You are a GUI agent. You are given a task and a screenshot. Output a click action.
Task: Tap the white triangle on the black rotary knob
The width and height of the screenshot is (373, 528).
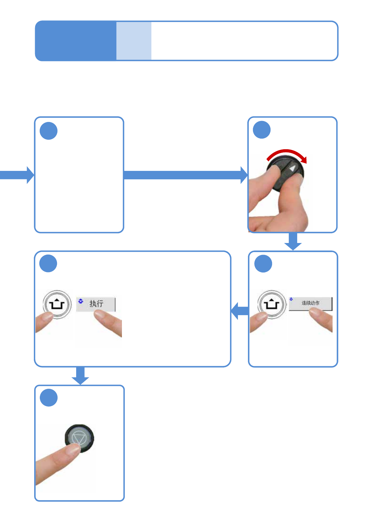292,168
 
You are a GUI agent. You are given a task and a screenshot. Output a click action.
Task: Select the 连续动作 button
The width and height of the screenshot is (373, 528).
310,303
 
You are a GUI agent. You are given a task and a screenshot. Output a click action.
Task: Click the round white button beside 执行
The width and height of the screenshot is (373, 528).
57,304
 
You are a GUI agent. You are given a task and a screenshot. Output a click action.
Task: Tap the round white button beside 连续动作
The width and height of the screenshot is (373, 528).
272,304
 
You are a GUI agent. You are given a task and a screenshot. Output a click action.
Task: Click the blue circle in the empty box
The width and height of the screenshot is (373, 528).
49,131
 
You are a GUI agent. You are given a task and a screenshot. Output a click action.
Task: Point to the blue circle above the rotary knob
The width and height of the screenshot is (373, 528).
262,130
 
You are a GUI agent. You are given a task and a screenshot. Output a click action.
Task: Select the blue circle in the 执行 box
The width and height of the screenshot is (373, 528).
48,263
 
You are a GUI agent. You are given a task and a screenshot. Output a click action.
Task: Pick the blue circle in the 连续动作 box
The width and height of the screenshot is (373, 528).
263,263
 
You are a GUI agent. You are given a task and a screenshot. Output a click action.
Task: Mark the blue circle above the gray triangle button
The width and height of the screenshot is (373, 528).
49,398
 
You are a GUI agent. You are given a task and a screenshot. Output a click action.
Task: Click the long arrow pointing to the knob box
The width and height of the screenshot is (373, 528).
185,175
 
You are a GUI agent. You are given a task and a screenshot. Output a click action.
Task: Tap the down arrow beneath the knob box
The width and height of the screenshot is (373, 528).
293,241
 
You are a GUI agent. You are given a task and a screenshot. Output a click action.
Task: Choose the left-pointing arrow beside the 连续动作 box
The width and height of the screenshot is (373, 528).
240,311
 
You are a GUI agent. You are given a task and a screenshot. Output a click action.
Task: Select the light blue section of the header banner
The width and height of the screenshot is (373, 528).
134,41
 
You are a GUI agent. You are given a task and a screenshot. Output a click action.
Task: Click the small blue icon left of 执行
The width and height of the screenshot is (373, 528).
81,301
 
